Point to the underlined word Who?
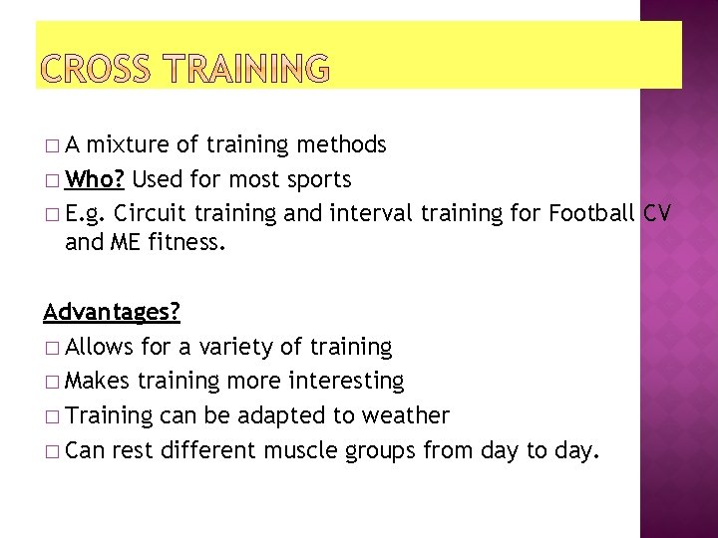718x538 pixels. (x=96, y=180)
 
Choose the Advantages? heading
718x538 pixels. (x=112, y=313)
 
